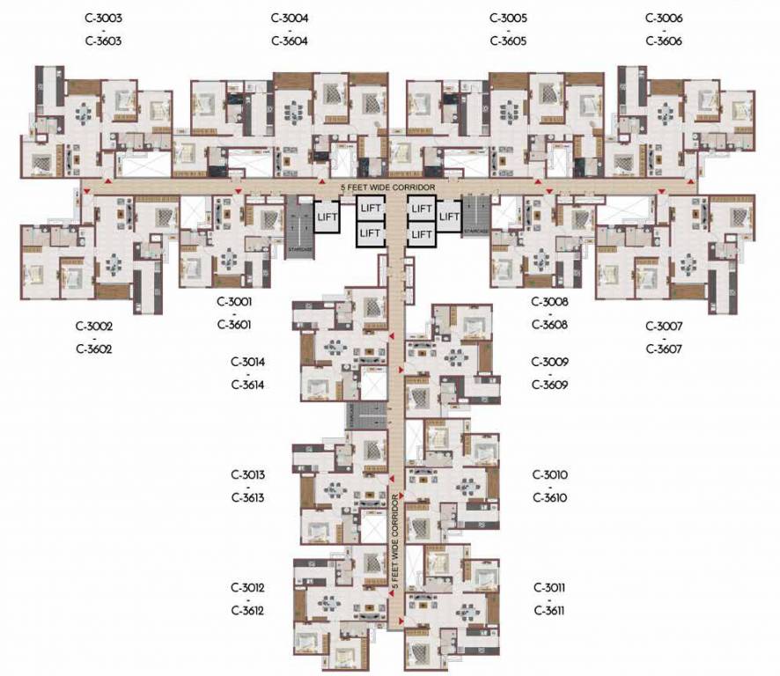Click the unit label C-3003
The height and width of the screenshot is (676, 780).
pos(104,18)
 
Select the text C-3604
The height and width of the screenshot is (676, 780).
pos(290,41)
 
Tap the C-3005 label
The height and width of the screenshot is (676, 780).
pos(508,18)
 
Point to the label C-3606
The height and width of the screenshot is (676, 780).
pos(664,41)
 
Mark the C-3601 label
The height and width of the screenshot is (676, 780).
pos(234,324)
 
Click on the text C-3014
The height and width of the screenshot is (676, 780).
pos(247,362)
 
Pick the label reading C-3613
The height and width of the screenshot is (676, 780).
pos(247,497)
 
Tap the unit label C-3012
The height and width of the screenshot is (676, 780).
pos(247,587)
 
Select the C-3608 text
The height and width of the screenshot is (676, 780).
pos(549,324)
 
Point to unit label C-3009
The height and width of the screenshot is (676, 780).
pos(549,362)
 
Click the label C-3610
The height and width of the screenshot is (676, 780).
pos(549,497)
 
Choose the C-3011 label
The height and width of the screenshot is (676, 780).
pos(549,587)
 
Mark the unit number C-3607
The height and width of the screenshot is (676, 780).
pos(664,349)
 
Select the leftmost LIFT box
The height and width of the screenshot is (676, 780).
pos(327,217)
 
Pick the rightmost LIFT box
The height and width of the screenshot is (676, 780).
pos(450,217)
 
